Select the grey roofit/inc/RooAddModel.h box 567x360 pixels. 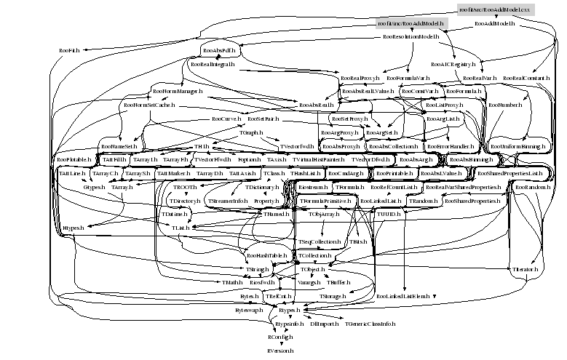(x=411, y=24)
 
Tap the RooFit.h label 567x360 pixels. (x=69, y=50)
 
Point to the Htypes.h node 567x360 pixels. (x=73, y=228)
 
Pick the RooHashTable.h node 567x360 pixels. (x=266, y=256)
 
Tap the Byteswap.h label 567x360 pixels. (x=249, y=310)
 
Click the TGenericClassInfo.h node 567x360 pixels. (x=370, y=323)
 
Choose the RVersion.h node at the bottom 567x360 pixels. (x=280, y=351)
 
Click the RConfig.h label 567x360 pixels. (x=280, y=337)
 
